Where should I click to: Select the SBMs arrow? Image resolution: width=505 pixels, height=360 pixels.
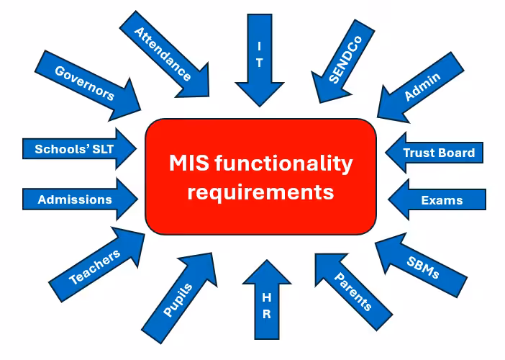423,262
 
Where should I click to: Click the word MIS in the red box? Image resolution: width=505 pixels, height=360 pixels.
188,163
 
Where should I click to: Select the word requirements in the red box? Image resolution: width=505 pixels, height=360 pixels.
260,192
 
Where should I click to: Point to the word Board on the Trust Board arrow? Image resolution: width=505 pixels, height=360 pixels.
458,153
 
